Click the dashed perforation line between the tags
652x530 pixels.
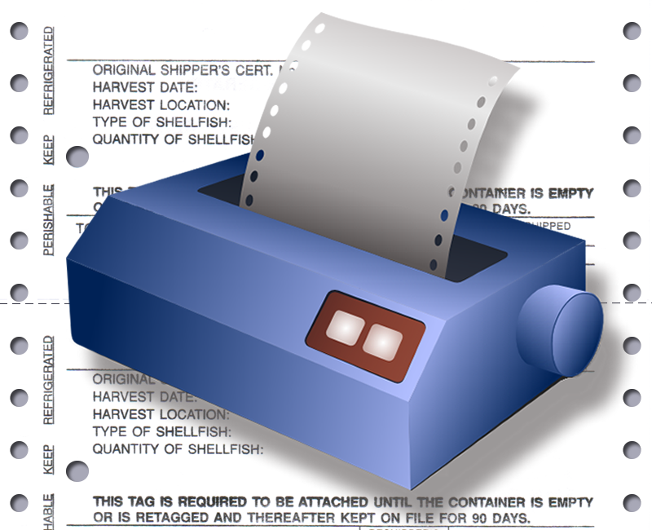(x=33, y=303)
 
